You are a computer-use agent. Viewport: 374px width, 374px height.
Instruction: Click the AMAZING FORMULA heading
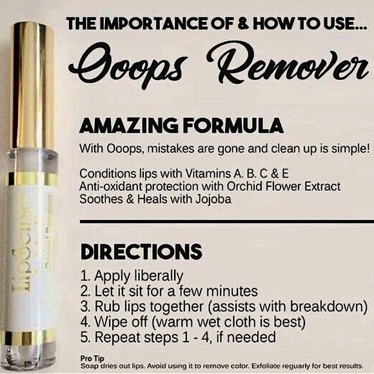click(x=172, y=124)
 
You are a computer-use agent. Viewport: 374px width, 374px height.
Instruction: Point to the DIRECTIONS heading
click(x=140, y=251)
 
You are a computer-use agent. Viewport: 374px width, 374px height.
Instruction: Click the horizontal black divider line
click(x=226, y=222)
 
